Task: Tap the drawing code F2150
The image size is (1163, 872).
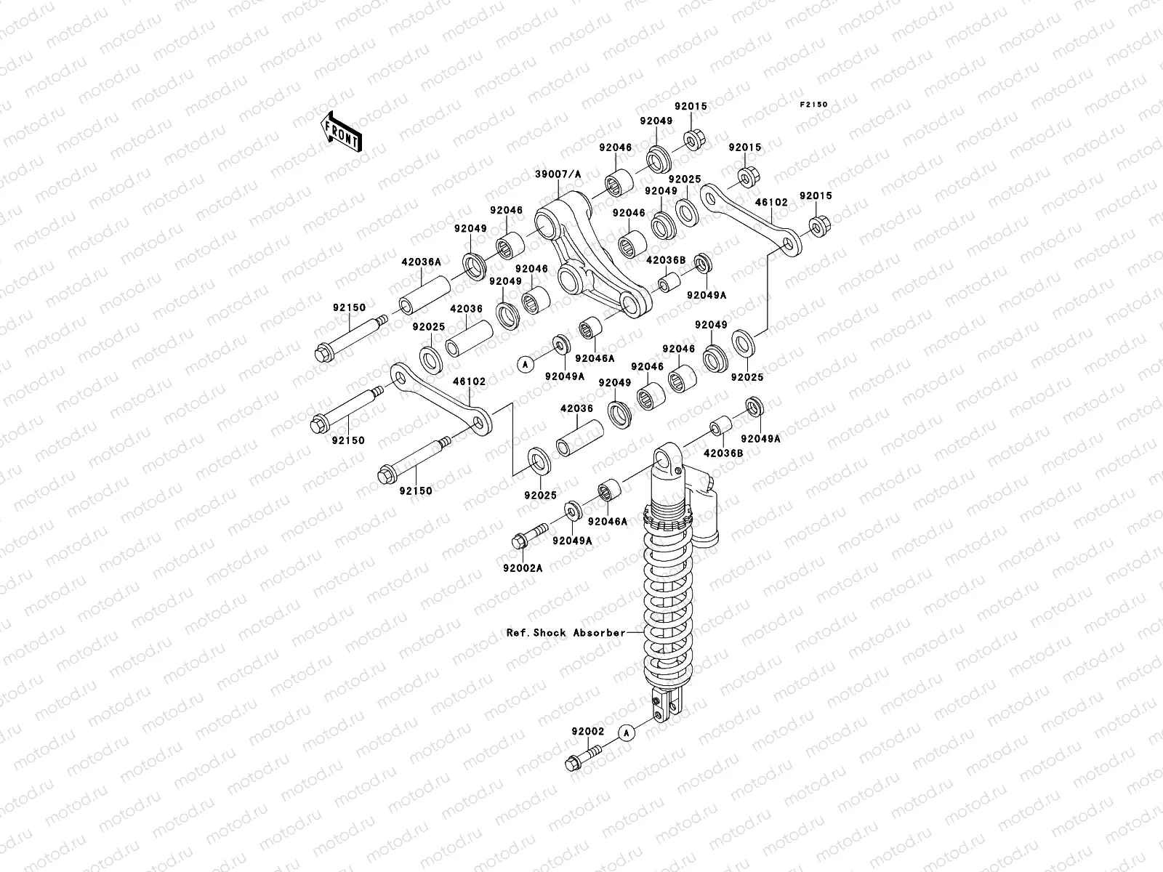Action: click(814, 105)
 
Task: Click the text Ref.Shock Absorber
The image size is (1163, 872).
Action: click(566, 632)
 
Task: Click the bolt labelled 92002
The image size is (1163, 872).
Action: click(581, 760)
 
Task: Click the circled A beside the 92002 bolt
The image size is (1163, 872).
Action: click(627, 732)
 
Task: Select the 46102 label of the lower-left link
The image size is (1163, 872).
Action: click(470, 381)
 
